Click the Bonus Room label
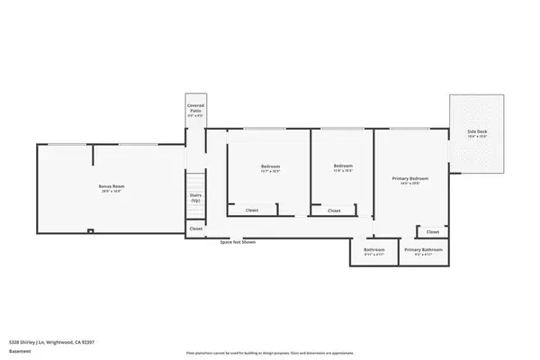[x=112, y=185]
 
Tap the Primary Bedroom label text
[x=409, y=178]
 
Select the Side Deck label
[x=477, y=132]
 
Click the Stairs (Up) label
[x=194, y=197]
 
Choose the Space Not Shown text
[x=238, y=242]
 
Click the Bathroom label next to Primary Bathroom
[x=374, y=249]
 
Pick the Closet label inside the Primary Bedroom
[x=433, y=231]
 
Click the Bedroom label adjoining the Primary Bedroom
[x=343, y=166]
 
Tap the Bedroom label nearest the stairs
[x=270, y=166]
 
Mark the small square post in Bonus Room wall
[x=90, y=231]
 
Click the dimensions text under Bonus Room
[x=112, y=192]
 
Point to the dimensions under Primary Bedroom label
[x=409, y=184]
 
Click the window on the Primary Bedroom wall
[x=409, y=129]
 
